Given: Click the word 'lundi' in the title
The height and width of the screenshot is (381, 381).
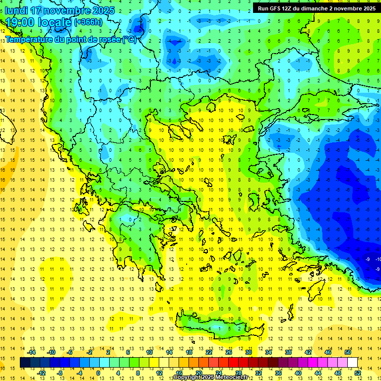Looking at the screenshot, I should tap(15, 10).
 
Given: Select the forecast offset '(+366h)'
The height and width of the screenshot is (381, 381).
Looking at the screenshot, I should tap(88, 22).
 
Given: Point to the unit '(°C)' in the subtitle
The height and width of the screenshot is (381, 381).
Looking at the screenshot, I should tap(129, 39).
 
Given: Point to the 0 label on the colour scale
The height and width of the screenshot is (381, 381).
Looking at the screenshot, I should tap(98, 373).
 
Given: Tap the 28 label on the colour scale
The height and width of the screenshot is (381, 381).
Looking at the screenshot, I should tap(239, 373).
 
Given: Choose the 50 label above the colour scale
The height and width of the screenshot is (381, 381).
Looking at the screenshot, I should tap(348, 352).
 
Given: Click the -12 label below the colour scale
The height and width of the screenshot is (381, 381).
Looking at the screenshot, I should tap(42, 373).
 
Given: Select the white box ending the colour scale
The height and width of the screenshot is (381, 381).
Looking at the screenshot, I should tap(352, 362).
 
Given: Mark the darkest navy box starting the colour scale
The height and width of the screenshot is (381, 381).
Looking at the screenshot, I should tap(25, 362).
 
